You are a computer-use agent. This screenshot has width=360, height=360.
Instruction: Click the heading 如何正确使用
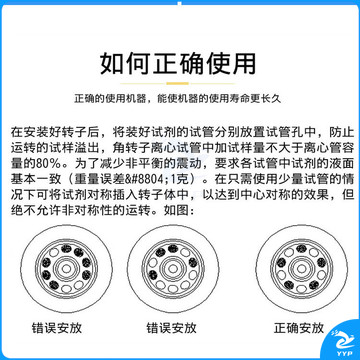178,63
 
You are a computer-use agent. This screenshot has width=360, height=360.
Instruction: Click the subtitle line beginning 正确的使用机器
178,99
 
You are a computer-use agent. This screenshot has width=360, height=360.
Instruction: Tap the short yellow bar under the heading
178,83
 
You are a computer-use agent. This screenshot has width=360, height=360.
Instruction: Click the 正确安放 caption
299,328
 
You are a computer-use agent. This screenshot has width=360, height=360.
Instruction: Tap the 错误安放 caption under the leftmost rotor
57,328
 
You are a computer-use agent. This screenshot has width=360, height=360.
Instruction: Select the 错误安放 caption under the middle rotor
171,328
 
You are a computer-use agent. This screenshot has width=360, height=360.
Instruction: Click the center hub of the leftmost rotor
67,269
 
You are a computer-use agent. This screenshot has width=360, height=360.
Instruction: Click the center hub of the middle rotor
173,269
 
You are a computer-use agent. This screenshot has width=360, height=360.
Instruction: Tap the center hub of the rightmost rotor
301,269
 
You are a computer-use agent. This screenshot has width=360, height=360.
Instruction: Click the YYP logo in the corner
342,343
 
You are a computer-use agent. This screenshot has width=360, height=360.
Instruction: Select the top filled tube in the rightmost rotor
301,248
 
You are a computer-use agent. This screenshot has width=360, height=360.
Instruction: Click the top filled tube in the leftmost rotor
67,248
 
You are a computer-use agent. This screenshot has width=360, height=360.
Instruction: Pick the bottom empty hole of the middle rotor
173,289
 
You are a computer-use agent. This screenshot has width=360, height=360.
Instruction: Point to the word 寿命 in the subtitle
240,99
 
